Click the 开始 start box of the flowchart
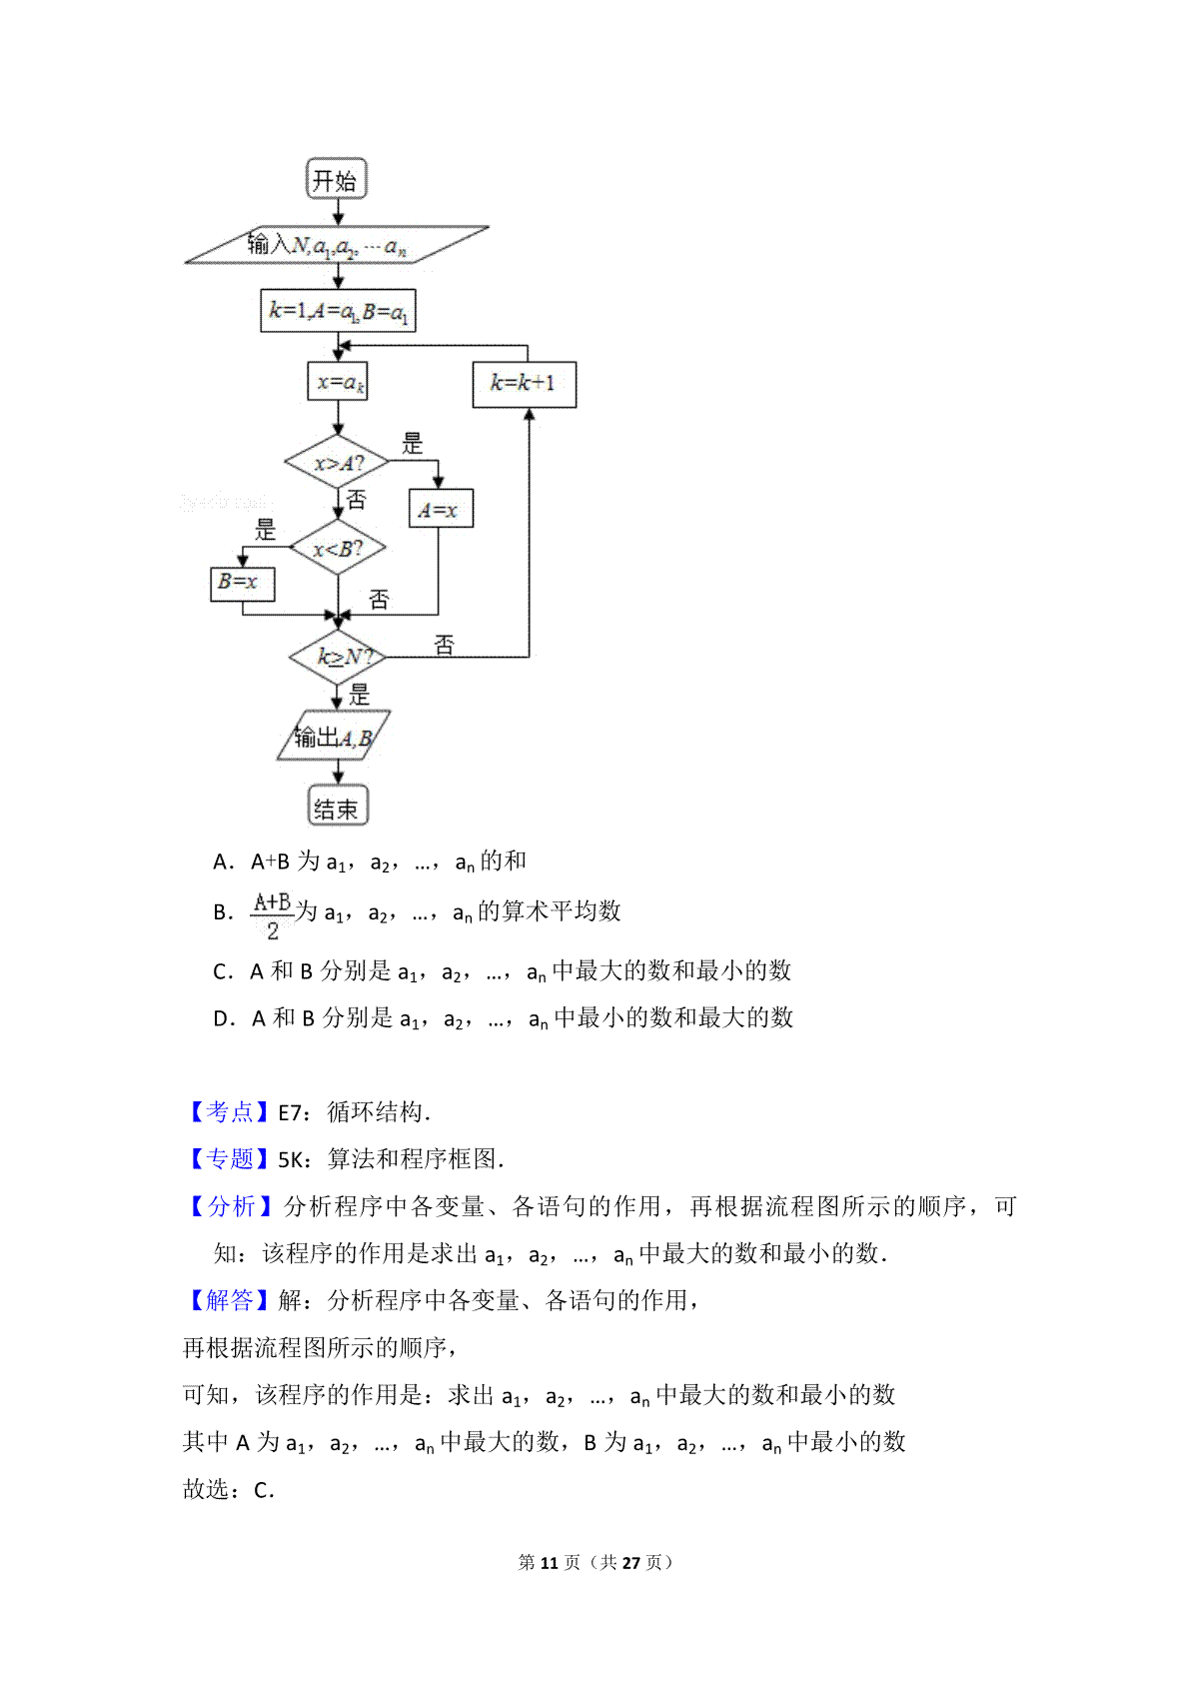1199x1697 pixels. coord(337,179)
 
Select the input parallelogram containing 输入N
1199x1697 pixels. coord(337,245)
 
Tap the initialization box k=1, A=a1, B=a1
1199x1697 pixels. coord(338,311)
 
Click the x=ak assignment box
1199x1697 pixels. coord(338,381)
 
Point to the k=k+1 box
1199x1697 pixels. coord(525,384)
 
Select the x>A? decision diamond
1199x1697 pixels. coord(337,462)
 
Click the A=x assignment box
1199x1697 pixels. coord(441,509)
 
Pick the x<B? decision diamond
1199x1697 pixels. coord(338,547)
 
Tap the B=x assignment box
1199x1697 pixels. coord(243,584)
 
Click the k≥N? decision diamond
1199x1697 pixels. coord(338,657)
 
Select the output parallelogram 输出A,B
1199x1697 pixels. coord(334,735)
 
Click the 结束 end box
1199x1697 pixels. coord(338,805)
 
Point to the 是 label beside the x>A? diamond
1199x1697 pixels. coord(412,443)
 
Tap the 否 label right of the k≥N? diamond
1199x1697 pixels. coord(445,646)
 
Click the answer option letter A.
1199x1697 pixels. coord(221,861)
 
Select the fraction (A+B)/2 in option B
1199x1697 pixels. coord(272,915)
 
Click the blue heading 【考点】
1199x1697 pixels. coord(229,1111)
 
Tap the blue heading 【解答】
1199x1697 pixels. coord(229,1300)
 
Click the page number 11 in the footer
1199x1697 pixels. coord(550,1562)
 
